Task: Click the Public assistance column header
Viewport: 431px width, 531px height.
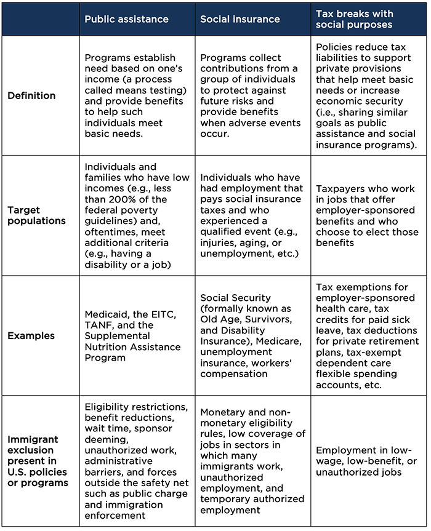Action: [x=126, y=19]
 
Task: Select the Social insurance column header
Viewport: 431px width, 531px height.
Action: [x=240, y=19]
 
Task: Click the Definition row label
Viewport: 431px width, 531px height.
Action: [x=31, y=95]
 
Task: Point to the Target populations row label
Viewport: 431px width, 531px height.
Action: [x=36, y=215]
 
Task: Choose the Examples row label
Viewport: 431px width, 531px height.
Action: [x=31, y=336]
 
